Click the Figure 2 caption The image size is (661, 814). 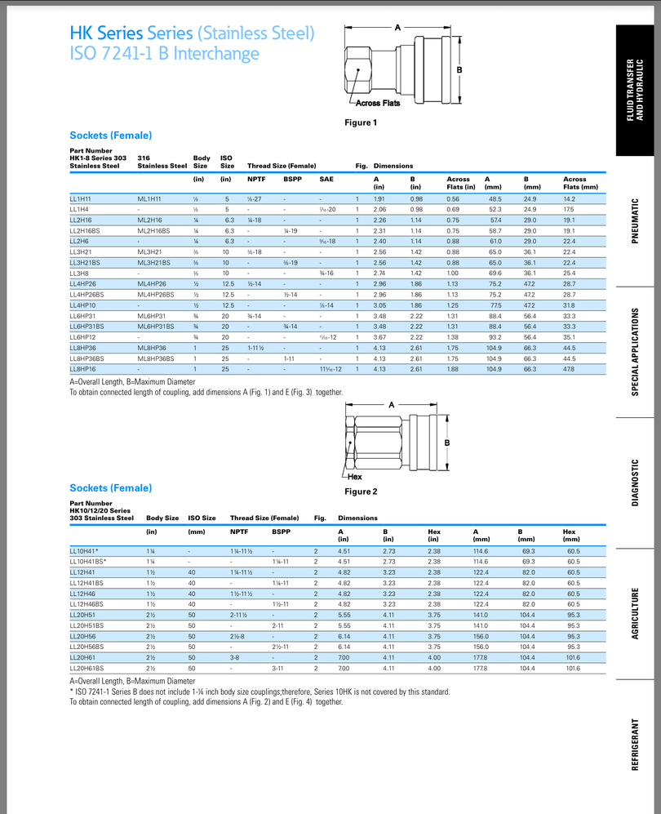[x=362, y=492]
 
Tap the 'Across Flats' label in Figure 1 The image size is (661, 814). [x=378, y=103]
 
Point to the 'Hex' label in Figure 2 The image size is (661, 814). [x=355, y=476]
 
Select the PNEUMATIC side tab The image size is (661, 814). [x=636, y=220]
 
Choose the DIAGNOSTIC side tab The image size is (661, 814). [x=636, y=483]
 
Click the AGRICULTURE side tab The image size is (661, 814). [x=636, y=613]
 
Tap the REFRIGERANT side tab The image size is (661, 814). [x=636, y=744]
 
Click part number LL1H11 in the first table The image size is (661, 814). [x=80, y=198]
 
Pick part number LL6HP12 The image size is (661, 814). [x=83, y=336]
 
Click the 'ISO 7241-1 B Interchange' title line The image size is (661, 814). [x=164, y=54]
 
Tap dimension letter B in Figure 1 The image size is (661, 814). [x=459, y=70]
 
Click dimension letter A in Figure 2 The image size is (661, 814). [x=392, y=404]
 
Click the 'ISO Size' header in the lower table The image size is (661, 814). [x=202, y=518]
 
